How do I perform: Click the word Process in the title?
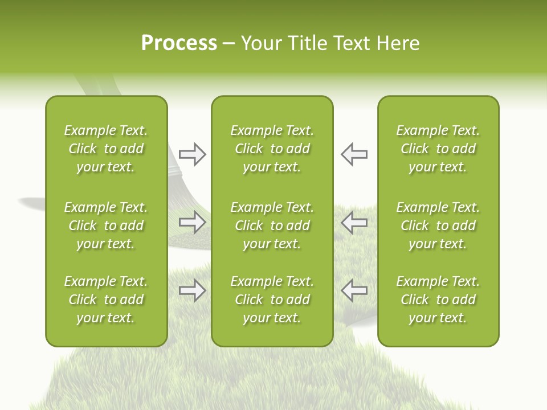[x=179, y=43]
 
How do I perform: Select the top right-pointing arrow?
[x=192, y=154]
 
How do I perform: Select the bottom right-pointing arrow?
[x=192, y=290]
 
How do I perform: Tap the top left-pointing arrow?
[x=354, y=154]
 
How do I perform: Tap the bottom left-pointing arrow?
[x=354, y=290]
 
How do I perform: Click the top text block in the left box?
[x=106, y=149]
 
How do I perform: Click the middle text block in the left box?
[x=106, y=225]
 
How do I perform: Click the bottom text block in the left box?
[x=106, y=300]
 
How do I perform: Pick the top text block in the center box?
[x=272, y=149]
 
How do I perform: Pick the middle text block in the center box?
[x=272, y=225]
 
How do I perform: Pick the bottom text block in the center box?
[x=272, y=300]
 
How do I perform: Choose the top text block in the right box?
[x=438, y=149]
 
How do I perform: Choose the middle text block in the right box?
[x=438, y=225]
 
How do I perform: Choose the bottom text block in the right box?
[x=438, y=300]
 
